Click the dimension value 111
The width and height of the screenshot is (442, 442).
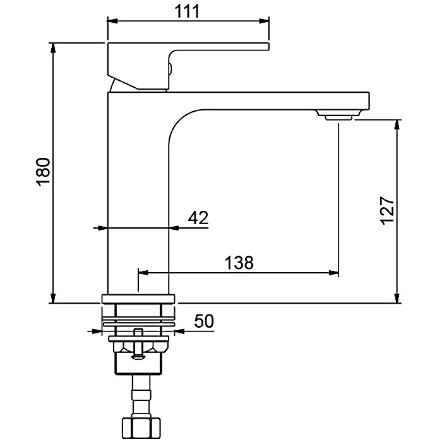(187, 11)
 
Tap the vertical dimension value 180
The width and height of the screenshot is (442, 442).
(43, 172)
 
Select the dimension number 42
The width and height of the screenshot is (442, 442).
(198, 217)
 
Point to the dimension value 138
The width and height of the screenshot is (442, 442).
(239, 262)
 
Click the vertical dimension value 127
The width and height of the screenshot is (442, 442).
(386, 210)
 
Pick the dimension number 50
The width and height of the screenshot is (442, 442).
(204, 321)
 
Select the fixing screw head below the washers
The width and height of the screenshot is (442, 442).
(138, 357)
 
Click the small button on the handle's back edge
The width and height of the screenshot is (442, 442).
(170, 68)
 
